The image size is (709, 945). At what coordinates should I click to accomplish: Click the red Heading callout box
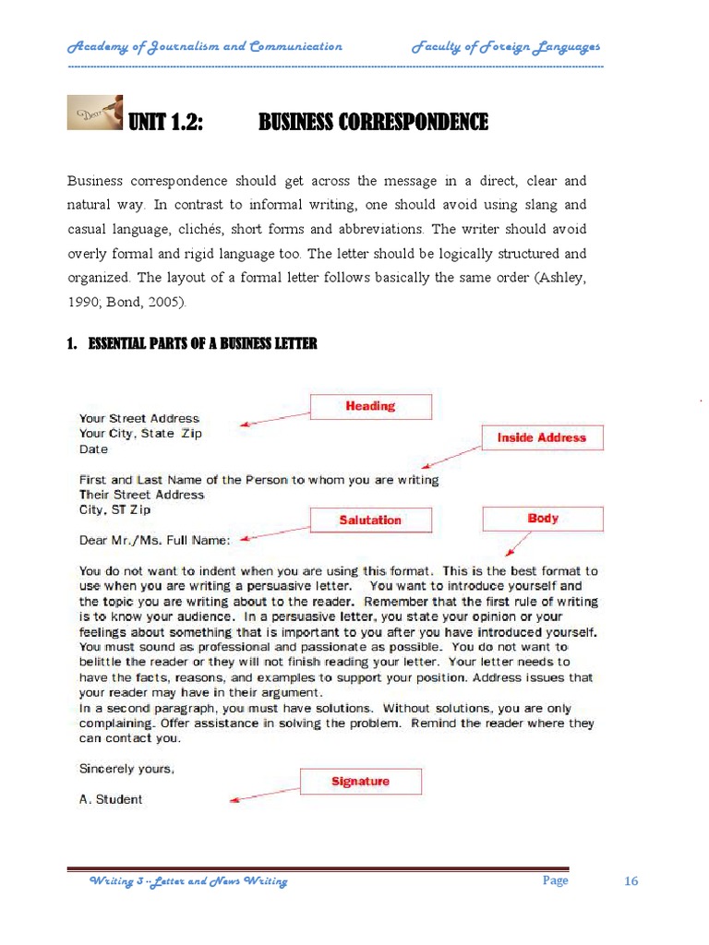369,406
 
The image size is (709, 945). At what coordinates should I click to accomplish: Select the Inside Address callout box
542,437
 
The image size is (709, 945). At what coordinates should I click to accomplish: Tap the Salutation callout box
369,520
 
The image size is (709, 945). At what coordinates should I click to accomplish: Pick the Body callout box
543,519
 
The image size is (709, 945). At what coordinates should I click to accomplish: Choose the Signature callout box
360,782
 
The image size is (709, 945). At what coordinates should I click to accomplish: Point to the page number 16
631,881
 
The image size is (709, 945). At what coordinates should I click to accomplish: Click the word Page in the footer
555,880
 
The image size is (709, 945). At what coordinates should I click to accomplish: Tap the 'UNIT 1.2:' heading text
165,122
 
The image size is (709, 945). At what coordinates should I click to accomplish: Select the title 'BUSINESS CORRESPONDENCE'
372,122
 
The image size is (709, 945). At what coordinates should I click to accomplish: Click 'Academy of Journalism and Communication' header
205,46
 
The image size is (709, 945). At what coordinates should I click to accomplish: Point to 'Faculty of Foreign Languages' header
506,46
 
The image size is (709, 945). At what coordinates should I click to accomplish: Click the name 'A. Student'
111,799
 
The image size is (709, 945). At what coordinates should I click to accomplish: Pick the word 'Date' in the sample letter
93,449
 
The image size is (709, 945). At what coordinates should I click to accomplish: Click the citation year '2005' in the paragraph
163,302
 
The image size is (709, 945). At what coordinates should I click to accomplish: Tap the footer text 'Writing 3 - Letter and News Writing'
187,881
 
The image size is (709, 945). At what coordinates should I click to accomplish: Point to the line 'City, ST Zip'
114,509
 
